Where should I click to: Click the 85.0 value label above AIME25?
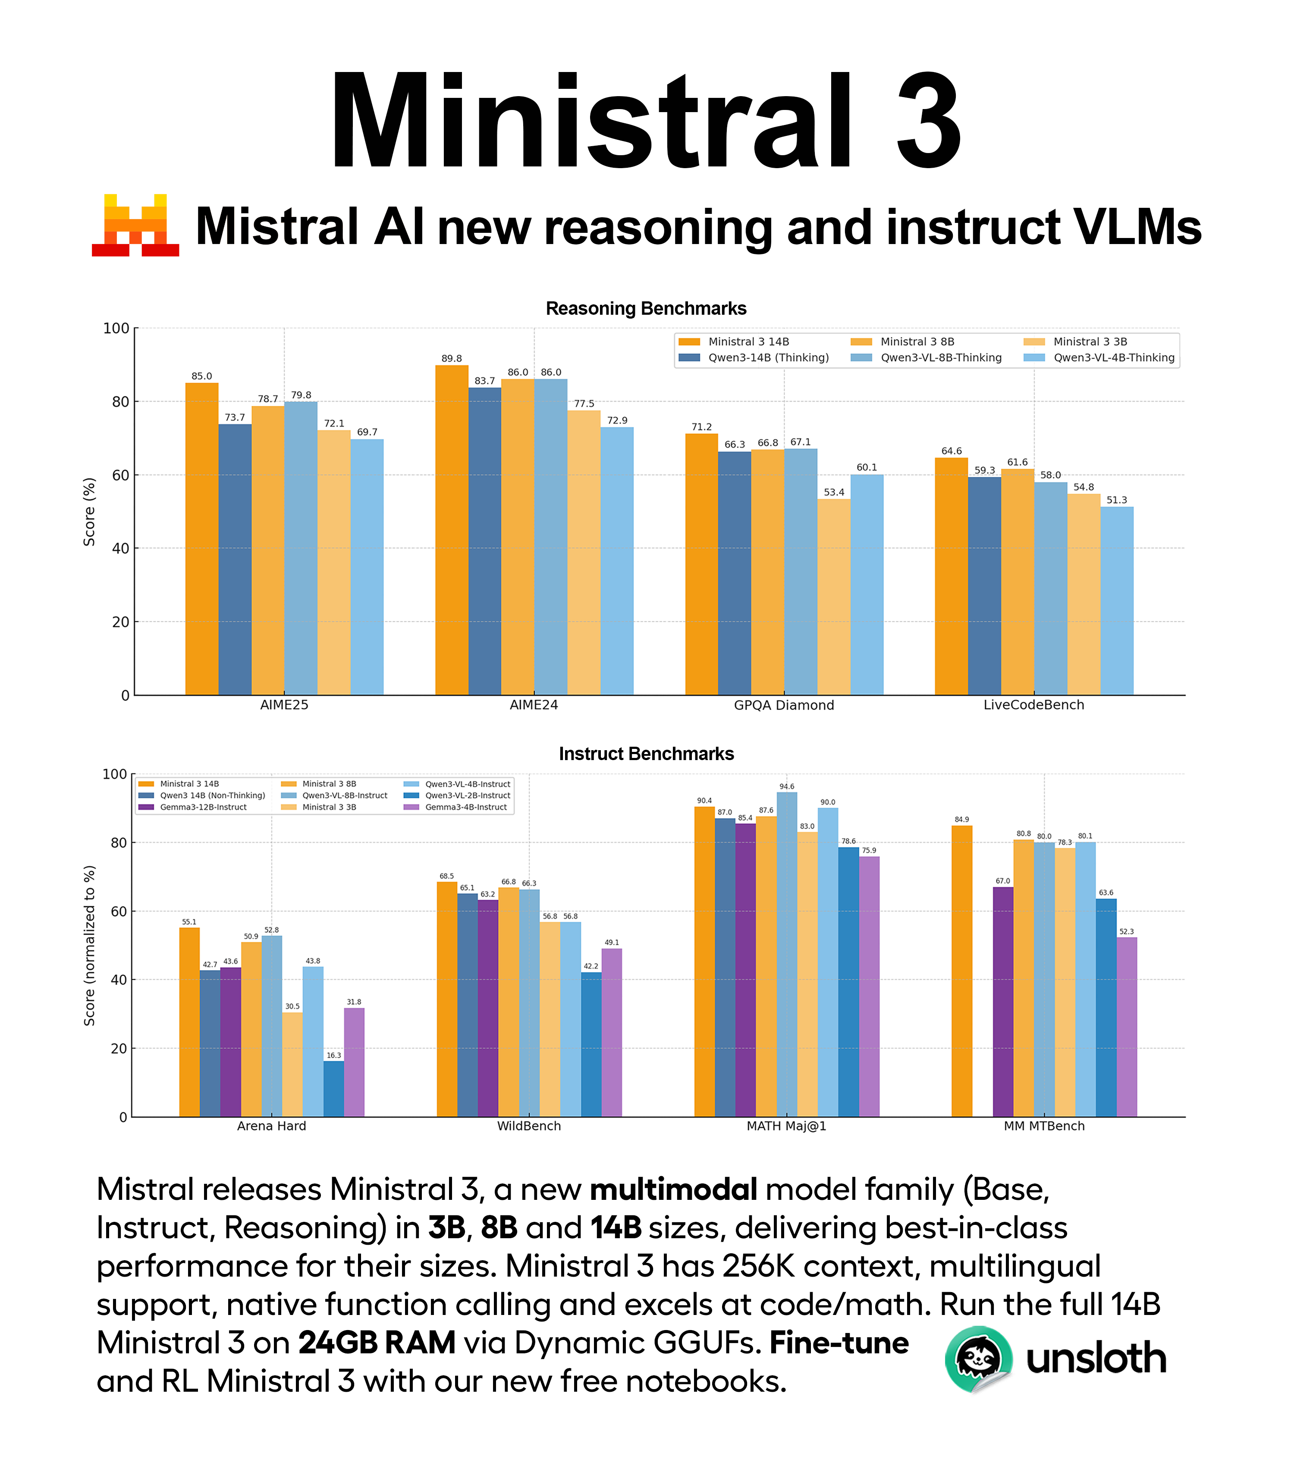201,376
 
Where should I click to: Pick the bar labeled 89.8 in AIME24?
452,530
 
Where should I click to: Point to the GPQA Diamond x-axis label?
784,705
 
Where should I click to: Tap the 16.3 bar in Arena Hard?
333,1089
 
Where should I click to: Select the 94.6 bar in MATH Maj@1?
786,954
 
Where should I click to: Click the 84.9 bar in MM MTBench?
962,971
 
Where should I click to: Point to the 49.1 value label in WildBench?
612,942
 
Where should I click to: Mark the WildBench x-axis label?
529,1126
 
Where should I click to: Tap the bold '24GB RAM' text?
377,1343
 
